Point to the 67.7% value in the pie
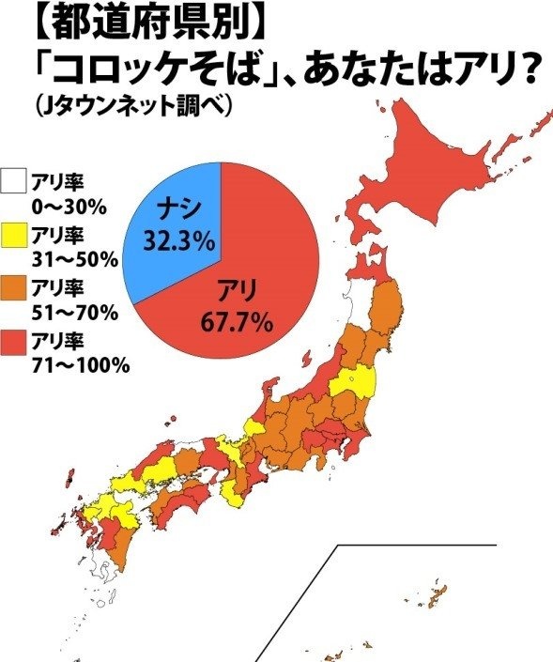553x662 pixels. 237,323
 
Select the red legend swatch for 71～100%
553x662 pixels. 14,341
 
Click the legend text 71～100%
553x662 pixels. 80,365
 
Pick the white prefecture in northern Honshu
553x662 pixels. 353,305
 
